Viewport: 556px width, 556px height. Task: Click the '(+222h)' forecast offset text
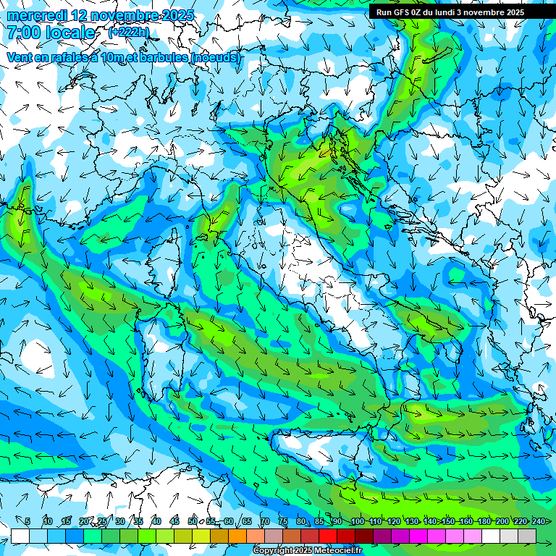(128, 33)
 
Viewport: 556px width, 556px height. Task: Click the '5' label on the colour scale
(28, 521)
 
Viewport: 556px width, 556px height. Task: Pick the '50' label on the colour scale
(192, 521)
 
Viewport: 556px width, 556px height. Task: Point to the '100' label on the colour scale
(357, 521)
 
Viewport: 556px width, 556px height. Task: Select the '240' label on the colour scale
(538, 521)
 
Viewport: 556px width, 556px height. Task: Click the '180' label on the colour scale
(483, 521)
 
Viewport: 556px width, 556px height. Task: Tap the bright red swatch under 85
(327, 536)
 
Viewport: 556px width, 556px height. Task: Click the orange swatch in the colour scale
(237, 536)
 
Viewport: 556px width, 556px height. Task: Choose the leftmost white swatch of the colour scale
(20, 536)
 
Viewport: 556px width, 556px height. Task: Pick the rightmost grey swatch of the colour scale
(527, 536)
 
